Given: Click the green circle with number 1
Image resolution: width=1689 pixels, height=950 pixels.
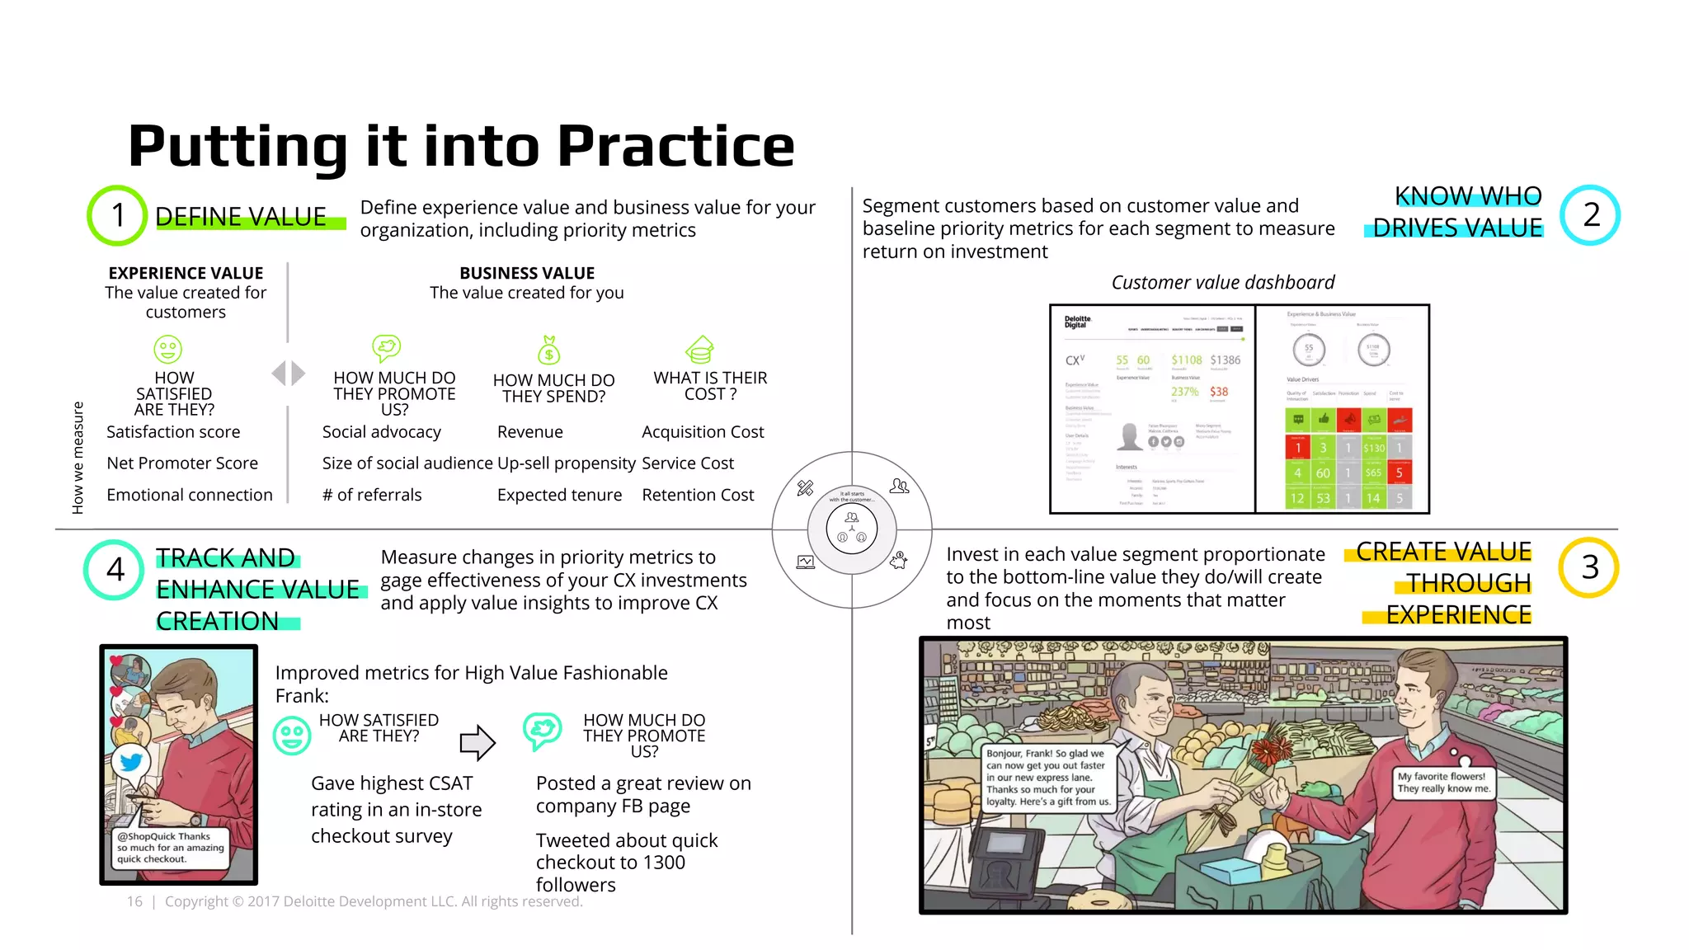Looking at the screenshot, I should (117, 215).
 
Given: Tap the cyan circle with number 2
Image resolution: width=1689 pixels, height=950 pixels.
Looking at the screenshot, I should (1590, 215).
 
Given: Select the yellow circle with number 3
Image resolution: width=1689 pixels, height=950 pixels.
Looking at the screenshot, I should (1588, 567).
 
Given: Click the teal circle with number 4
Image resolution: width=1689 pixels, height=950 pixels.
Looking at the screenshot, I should (115, 569).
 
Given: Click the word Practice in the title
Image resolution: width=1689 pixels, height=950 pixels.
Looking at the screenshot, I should (675, 146).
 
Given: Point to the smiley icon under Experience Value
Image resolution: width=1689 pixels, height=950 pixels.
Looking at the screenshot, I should (168, 349).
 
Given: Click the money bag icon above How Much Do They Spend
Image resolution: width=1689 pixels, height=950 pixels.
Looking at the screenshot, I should (548, 350).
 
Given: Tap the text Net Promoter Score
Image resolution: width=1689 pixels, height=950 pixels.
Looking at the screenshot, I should (182, 463).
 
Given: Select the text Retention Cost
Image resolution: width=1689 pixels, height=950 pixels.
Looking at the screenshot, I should (698, 495).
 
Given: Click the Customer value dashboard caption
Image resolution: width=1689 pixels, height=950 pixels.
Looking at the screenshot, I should (1222, 283).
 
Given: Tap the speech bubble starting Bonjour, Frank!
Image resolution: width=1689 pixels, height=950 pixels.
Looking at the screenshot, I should (1048, 778).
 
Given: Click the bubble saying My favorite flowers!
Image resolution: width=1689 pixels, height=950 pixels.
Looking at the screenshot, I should (1442, 782).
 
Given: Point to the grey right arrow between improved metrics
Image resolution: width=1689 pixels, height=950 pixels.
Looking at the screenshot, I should (478, 742).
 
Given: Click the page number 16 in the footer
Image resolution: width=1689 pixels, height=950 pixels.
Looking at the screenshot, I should (134, 901).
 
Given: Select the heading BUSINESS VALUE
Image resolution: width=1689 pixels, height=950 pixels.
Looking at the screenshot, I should (527, 273).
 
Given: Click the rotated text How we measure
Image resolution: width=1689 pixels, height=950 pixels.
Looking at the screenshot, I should (78, 458).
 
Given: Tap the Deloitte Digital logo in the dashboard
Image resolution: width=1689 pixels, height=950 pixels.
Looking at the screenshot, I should (1077, 322).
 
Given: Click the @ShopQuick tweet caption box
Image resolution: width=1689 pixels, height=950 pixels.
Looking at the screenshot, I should (170, 848).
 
